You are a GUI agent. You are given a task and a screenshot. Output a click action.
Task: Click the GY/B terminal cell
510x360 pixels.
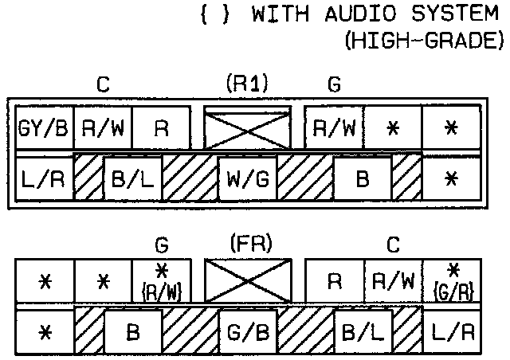[x=44, y=128]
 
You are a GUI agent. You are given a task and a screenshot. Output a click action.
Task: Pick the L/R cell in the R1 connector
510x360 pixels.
[x=43, y=180]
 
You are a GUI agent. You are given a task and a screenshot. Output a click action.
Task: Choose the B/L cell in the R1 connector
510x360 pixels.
[x=131, y=180]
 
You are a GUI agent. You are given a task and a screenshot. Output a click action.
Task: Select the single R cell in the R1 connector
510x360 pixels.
[x=161, y=128]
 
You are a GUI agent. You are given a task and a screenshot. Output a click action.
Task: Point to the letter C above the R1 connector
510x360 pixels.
[x=102, y=84]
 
